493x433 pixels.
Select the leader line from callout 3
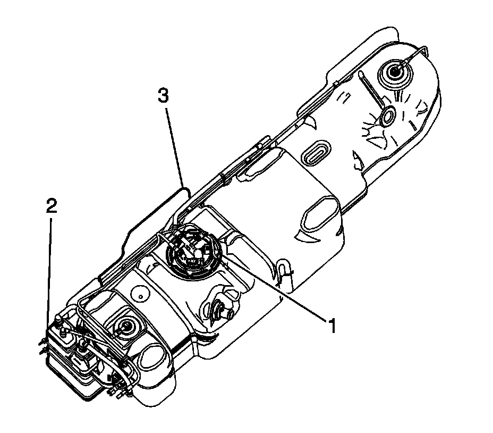[174, 144]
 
